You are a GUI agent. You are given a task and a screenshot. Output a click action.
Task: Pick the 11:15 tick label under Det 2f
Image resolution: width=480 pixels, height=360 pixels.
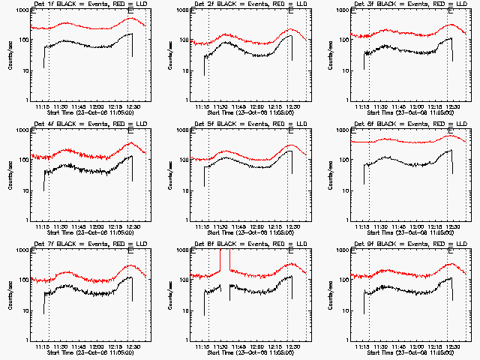tap(203, 106)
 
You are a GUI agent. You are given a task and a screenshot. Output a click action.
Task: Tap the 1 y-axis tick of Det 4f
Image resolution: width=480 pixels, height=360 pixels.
tap(29, 220)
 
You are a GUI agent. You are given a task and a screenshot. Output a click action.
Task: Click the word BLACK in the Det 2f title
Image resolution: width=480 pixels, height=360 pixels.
tap(229, 5)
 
